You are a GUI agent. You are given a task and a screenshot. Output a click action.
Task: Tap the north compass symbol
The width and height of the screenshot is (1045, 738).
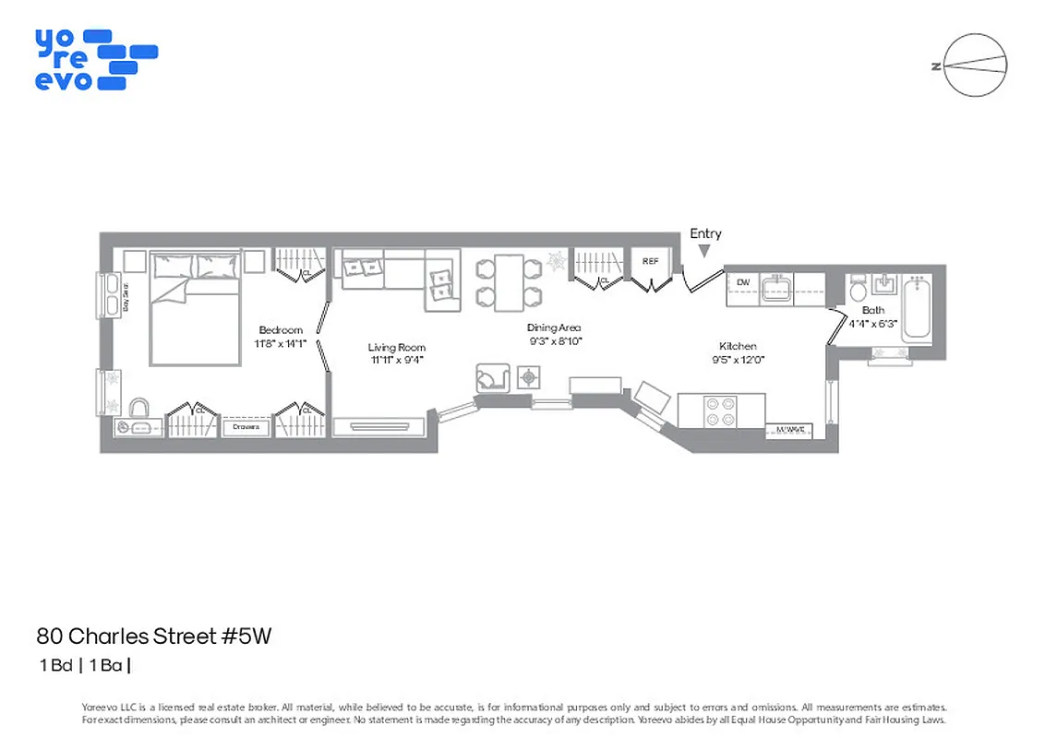click(975, 65)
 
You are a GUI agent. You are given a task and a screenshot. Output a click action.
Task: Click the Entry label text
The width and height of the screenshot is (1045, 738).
click(705, 234)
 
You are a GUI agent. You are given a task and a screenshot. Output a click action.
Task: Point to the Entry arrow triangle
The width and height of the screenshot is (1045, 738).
click(705, 251)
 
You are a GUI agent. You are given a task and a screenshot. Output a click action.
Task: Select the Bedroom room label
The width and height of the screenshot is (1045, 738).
click(281, 330)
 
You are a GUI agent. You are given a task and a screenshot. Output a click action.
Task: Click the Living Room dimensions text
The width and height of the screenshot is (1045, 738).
click(396, 361)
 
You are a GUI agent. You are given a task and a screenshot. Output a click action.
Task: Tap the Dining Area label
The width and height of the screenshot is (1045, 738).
click(554, 327)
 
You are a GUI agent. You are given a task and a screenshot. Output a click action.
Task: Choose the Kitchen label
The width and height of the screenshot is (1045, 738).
click(739, 346)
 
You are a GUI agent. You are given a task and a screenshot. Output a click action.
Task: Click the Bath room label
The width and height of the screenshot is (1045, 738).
click(872, 311)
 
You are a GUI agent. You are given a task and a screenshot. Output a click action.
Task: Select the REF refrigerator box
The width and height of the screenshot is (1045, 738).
click(651, 262)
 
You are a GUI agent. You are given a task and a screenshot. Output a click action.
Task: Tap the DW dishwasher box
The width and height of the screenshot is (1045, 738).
click(742, 280)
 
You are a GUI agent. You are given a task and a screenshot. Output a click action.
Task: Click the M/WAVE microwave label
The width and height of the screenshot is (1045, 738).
click(791, 429)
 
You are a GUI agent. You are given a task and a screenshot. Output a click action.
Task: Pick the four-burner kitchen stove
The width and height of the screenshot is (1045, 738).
click(721, 411)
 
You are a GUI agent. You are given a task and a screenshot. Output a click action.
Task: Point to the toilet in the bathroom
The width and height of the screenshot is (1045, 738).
click(858, 288)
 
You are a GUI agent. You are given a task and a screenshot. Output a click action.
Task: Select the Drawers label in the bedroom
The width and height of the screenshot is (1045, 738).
click(246, 427)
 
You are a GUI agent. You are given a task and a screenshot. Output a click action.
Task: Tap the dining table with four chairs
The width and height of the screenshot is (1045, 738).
click(508, 281)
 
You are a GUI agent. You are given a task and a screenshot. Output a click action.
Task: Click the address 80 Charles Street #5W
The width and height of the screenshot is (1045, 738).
click(154, 636)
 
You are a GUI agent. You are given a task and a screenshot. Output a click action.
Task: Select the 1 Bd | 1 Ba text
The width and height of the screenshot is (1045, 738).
click(85, 664)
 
